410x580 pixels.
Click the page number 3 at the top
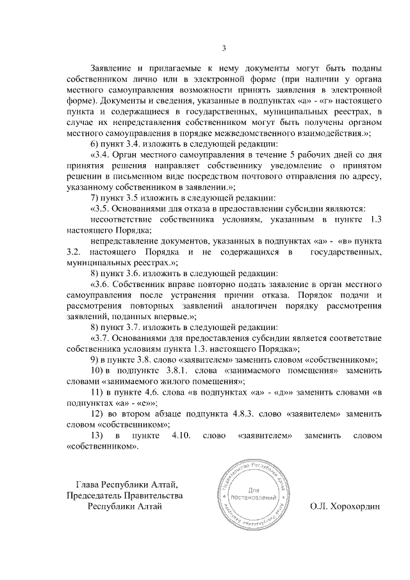point(224,48)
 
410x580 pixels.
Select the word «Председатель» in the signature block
point(95,495)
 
